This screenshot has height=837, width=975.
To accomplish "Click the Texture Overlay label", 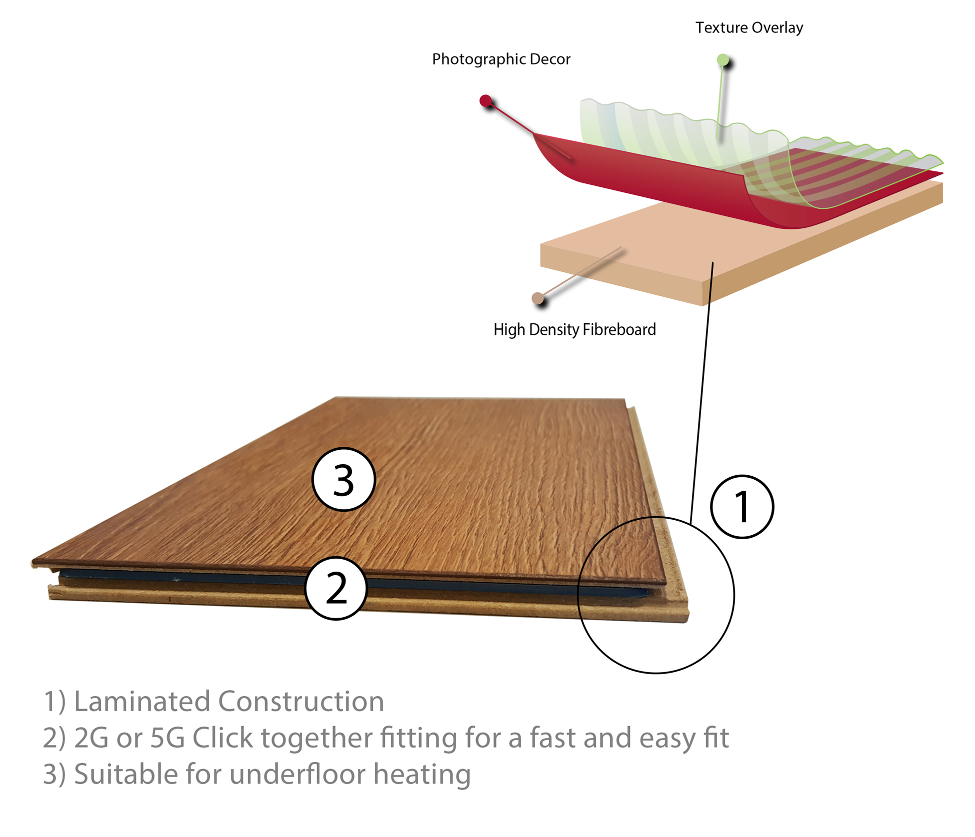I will tap(749, 27).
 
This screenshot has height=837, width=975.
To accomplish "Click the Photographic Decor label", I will tap(501, 59).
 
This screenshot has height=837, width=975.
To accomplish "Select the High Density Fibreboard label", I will tap(574, 330).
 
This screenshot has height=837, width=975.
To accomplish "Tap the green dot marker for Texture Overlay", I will tap(722, 60).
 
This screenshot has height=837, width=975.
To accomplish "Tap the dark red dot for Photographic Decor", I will tap(485, 100).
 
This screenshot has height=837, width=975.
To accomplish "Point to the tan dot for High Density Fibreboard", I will tap(537, 298).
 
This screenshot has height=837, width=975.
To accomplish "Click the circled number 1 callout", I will tap(742, 507).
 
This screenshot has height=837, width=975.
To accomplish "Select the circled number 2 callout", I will tap(336, 588).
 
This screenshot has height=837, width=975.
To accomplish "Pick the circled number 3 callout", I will tap(343, 479).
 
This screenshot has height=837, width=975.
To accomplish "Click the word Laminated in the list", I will tap(142, 701).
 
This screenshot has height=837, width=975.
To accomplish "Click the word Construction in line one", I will tap(301, 701).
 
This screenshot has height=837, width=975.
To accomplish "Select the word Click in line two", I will tap(222, 738).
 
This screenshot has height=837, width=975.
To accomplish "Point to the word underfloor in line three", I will tap(297, 774).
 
